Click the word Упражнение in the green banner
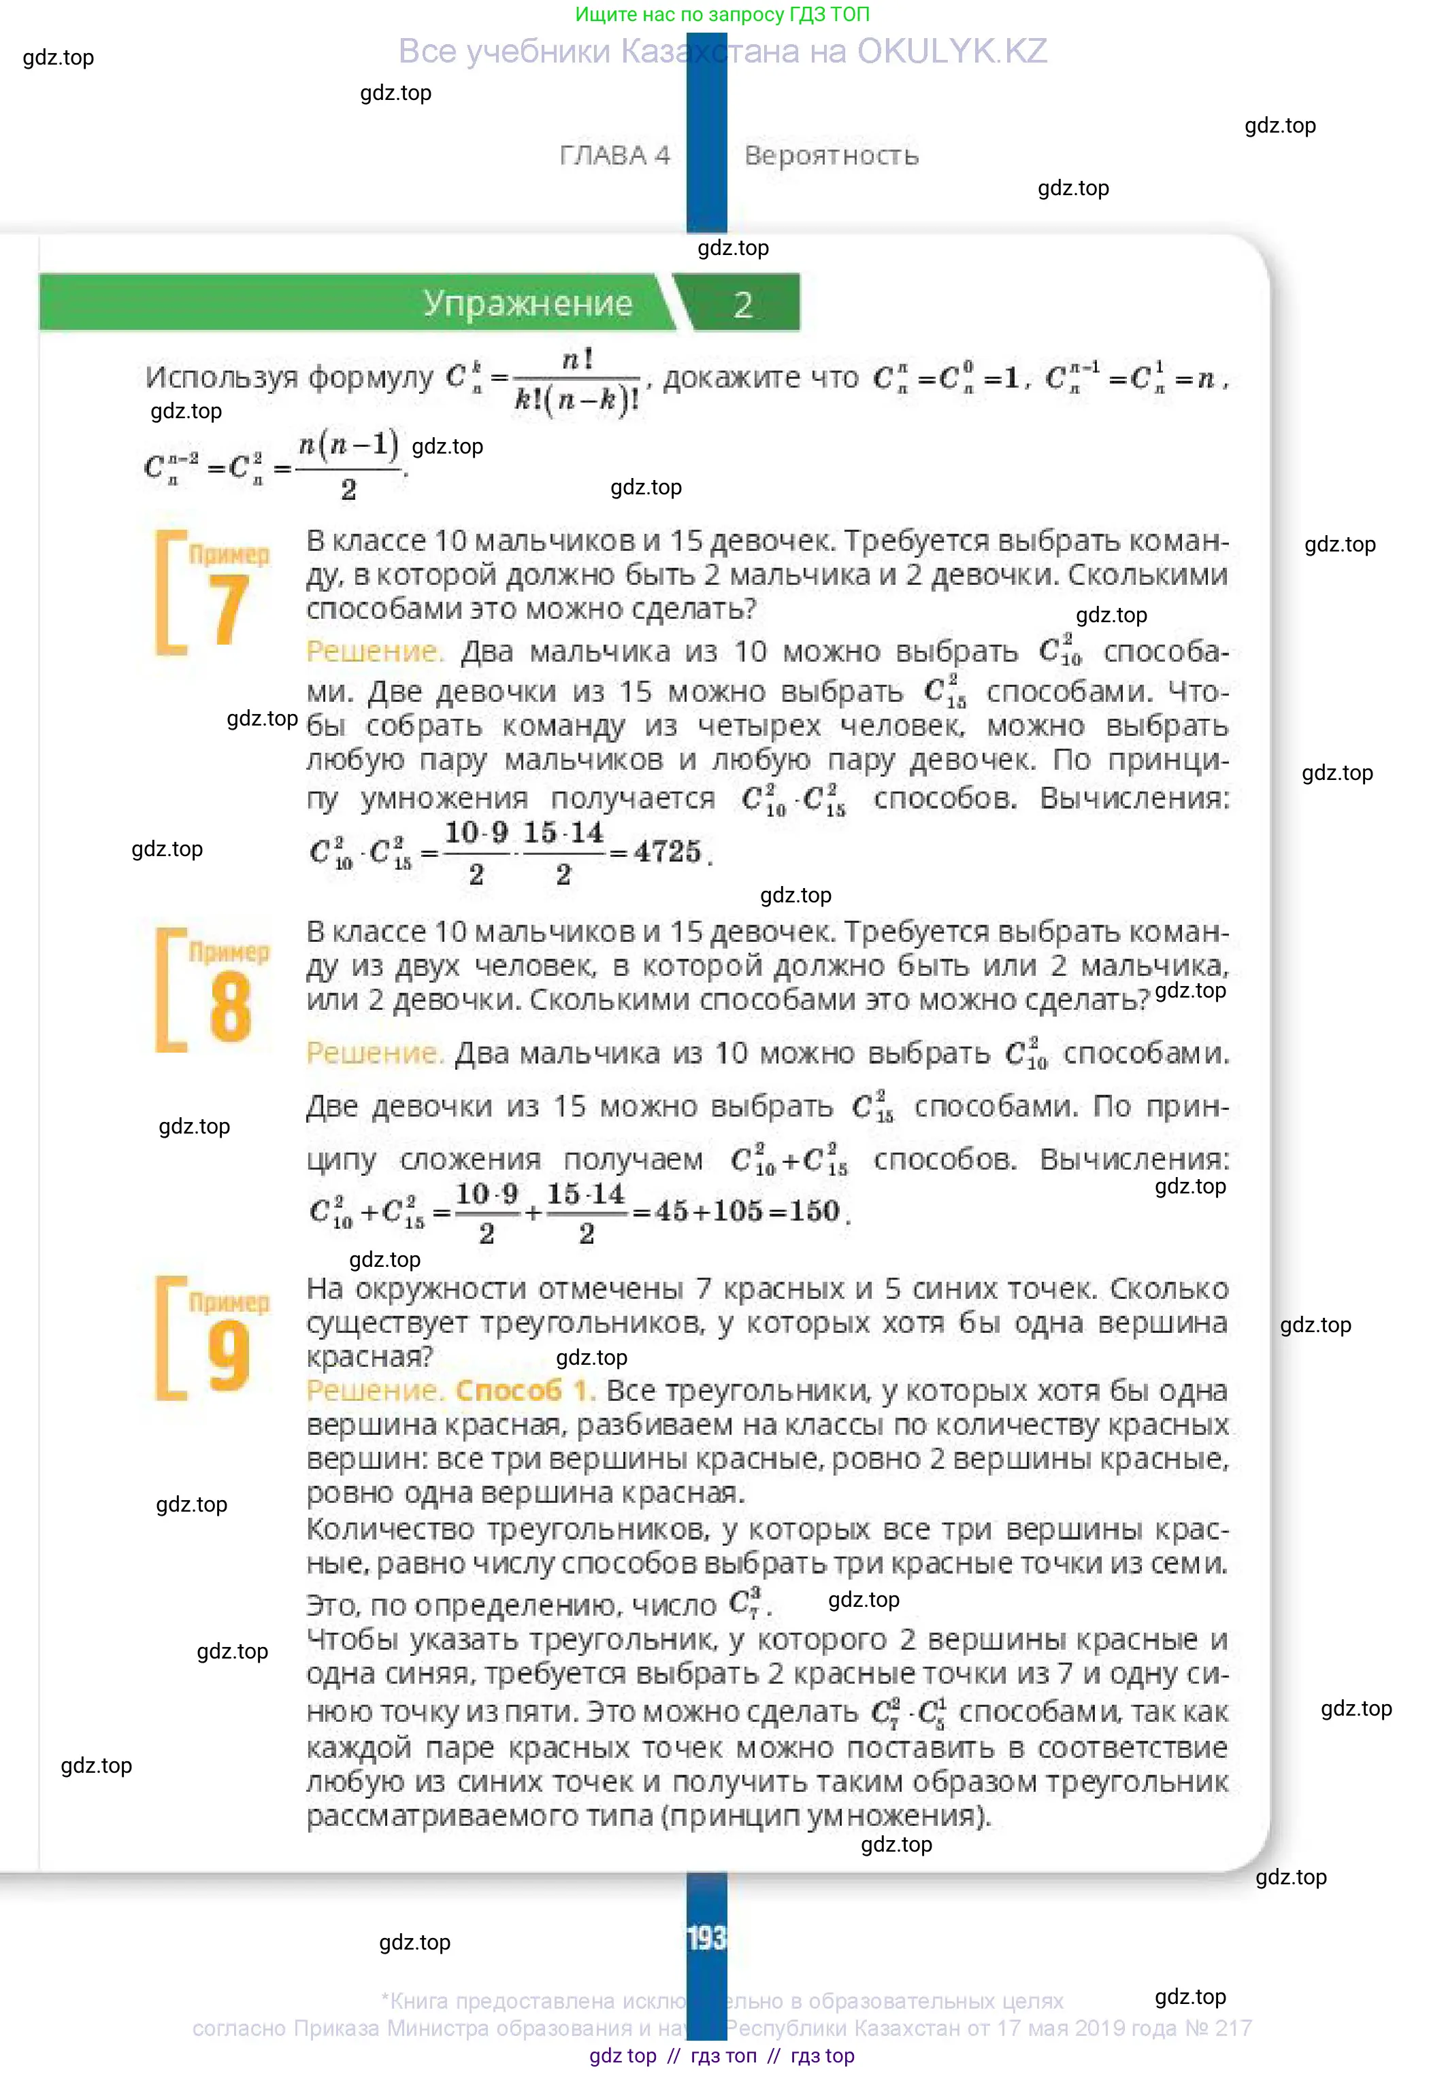528,303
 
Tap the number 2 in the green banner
743,305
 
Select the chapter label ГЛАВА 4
614,155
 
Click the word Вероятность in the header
832,155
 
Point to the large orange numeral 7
228,611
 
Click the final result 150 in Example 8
815,1210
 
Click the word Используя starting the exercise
220,377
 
